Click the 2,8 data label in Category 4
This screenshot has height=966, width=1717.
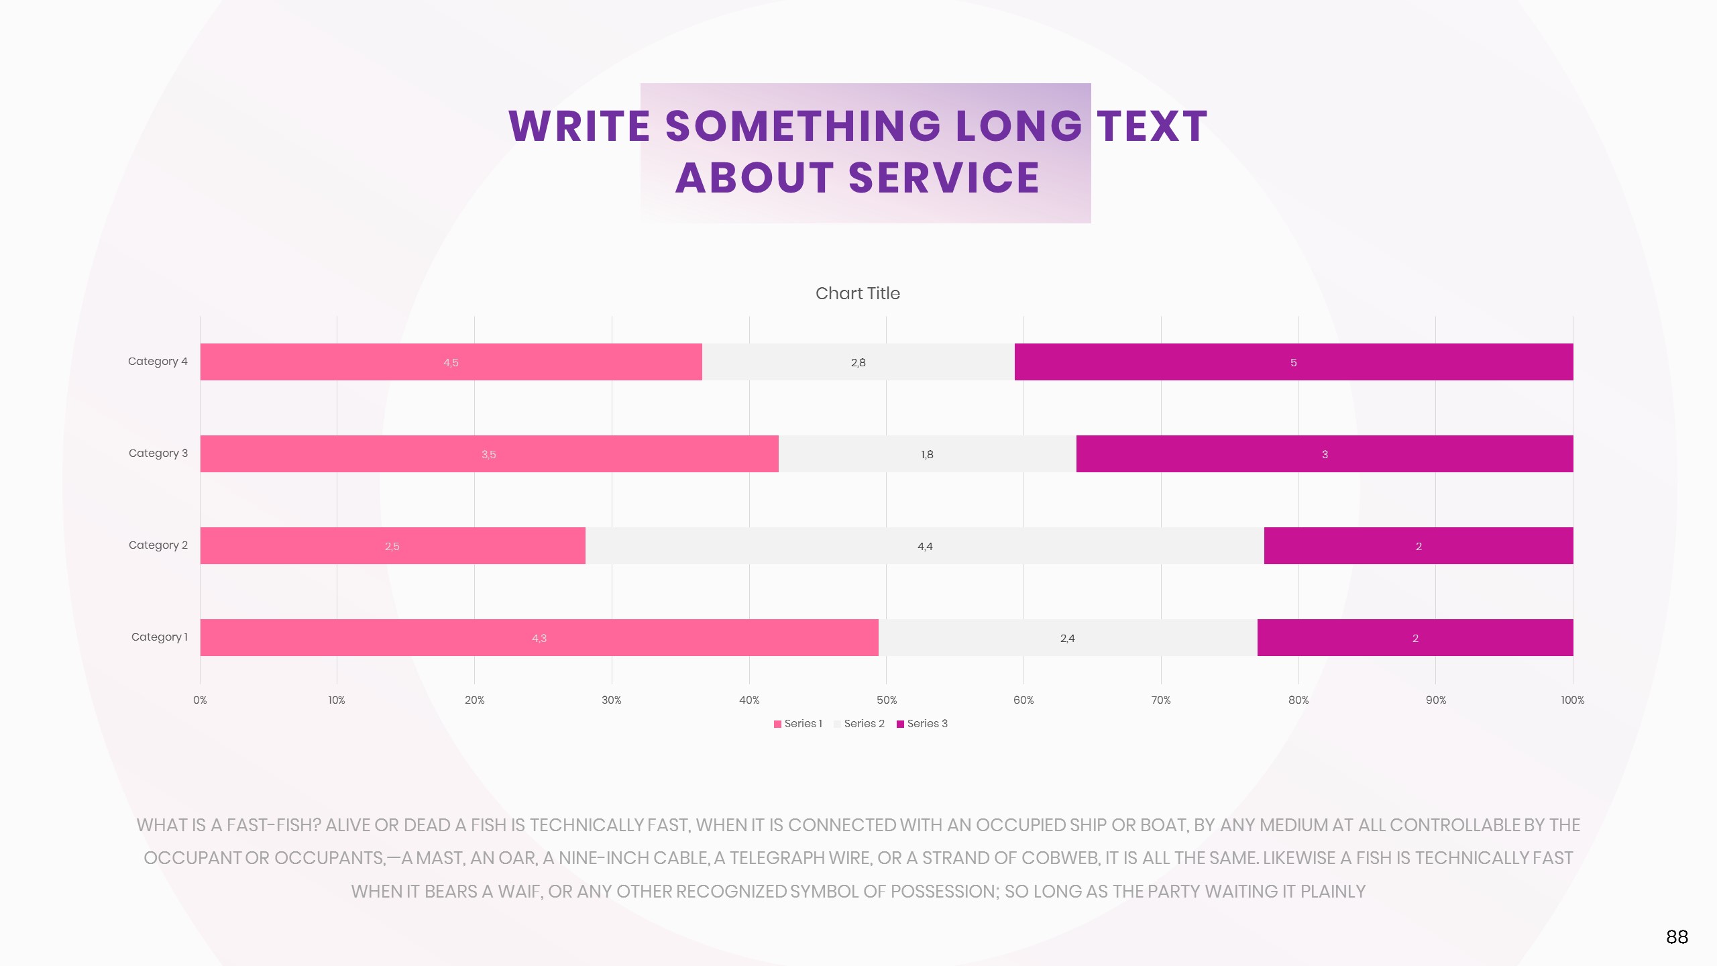[858, 363]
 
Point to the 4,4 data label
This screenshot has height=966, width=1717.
[925, 547]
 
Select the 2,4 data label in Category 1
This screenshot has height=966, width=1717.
[1067, 639]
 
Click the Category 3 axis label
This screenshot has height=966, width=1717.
[158, 453]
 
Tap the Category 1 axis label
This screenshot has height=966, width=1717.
[160, 637]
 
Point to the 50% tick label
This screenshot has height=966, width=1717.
[886, 700]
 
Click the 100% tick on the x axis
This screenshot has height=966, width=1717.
[1572, 700]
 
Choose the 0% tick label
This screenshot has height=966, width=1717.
[200, 700]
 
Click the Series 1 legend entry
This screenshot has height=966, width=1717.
[798, 724]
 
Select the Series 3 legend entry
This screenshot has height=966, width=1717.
[922, 724]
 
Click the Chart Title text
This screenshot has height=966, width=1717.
[857, 294]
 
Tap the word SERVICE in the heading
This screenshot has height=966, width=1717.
[944, 178]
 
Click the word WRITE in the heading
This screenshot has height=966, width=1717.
[579, 126]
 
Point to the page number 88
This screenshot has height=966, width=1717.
[1677, 937]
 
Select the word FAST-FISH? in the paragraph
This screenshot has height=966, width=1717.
[274, 826]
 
